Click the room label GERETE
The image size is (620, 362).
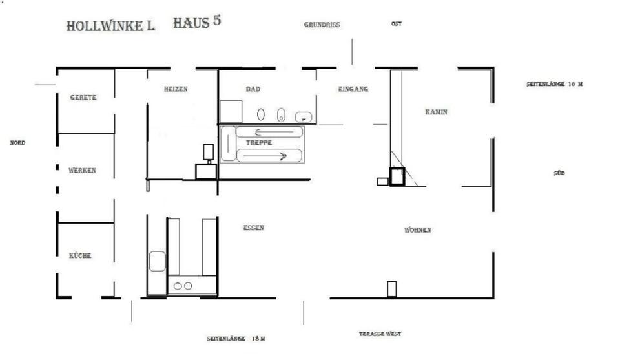tap(83, 98)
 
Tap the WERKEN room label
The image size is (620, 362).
tap(82, 171)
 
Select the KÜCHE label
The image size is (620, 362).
tap(80, 256)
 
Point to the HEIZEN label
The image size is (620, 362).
tap(176, 89)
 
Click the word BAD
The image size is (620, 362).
tap(253, 89)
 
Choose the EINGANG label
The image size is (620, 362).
tap(353, 89)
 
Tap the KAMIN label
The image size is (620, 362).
tap(436, 112)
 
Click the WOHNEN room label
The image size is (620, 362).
tap(418, 230)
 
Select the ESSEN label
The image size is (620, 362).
tap(253, 228)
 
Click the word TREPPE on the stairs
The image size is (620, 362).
tap(259, 143)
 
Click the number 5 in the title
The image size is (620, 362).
tap(216, 20)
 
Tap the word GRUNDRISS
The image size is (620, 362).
tap(322, 25)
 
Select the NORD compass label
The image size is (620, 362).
tap(17, 143)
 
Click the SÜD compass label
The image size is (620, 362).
tap(559, 174)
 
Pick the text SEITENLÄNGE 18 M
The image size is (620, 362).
tap(236, 339)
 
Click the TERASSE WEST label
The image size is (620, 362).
tap(380, 334)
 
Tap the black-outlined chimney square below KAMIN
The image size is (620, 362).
tap(397, 176)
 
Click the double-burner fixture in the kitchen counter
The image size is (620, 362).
tap(183, 286)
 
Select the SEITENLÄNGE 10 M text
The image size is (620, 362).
tap(555, 85)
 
